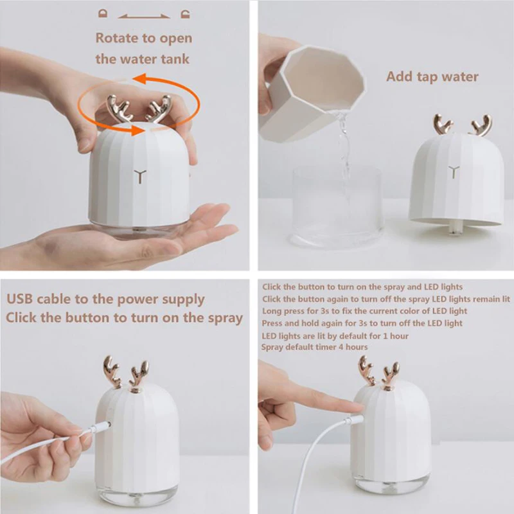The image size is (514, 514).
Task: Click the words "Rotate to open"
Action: [144, 38]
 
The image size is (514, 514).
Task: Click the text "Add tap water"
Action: [432, 76]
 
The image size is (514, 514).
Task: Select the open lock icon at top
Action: [186, 12]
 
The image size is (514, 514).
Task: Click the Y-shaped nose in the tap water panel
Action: [455, 172]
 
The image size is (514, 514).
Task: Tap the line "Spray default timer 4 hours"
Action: [314, 347]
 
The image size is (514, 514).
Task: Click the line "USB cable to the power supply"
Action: [105, 299]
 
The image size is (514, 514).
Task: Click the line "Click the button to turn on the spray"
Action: [125, 317]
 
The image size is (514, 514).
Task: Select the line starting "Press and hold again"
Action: [362, 323]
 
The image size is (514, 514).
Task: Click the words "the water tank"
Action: [143, 59]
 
